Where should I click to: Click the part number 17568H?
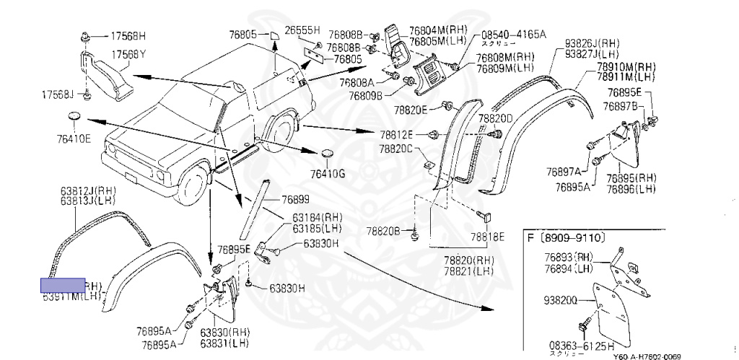point(128,35)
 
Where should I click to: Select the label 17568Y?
point(128,54)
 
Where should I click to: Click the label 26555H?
point(302,30)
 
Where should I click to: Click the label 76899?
point(294,198)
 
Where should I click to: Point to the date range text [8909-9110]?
point(572,237)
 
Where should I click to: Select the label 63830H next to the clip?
point(320,244)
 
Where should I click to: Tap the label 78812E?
point(398,135)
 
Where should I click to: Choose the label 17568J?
point(58,95)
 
